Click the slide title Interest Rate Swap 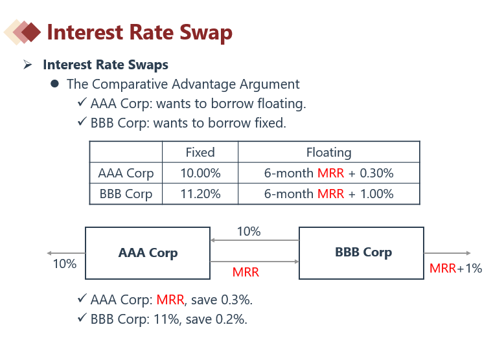[x=139, y=32]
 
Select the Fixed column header [x=200, y=152]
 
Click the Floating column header [x=328, y=152]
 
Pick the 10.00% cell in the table [x=200, y=173]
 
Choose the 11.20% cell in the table [x=200, y=194]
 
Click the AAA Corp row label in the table [x=126, y=173]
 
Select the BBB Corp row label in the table [x=126, y=194]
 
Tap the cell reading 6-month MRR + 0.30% [x=328, y=173]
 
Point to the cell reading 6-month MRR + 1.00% [x=328, y=194]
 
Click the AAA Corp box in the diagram [x=148, y=253]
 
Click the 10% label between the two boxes [x=249, y=231]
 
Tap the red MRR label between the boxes [x=246, y=273]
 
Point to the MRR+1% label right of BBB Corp [x=455, y=268]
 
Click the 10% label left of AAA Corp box [x=64, y=264]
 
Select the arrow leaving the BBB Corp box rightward [x=448, y=253]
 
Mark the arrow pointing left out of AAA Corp [x=65, y=253]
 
